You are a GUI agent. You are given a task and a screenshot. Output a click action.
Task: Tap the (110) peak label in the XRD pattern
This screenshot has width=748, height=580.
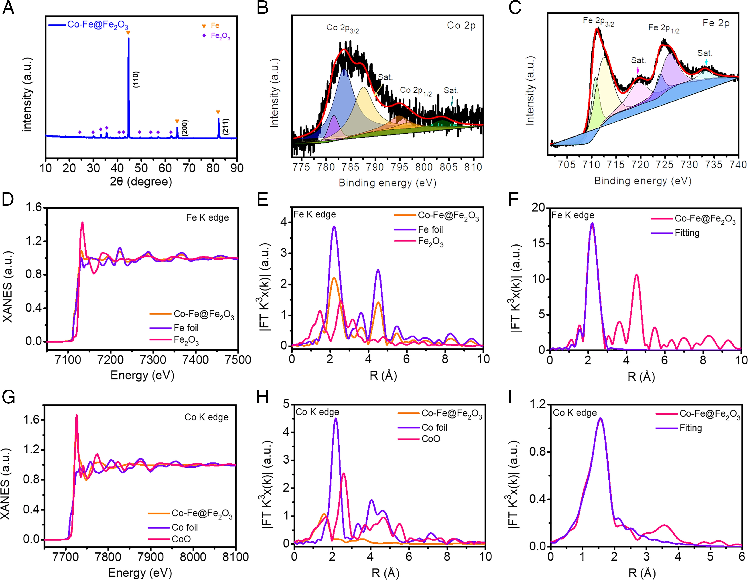pyautogui.click(x=136, y=79)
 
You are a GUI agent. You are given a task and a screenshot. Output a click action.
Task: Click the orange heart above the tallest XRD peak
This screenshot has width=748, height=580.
pyautogui.click(x=128, y=33)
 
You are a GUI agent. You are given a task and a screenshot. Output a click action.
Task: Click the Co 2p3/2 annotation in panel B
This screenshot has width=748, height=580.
pyautogui.click(x=342, y=28)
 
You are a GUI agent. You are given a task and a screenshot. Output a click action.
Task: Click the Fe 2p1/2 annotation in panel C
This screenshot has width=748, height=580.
pyautogui.click(x=663, y=28)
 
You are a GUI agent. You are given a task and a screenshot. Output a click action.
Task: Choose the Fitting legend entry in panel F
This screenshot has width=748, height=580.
pyautogui.click(x=687, y=233)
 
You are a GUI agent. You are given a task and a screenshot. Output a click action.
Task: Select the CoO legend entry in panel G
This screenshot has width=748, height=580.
pyautogui.click(x=181, y=539)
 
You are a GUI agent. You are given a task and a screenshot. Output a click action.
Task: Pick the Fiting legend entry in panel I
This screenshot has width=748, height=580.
pyautogui.click(x=690, y=428)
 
